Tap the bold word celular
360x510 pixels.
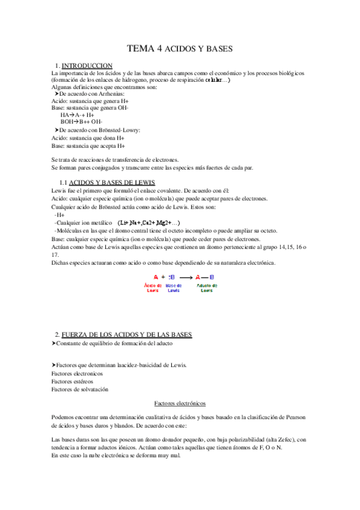(x=215, y=79)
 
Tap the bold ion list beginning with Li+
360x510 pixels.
(x=148, y=223)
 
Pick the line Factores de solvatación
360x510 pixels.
(x=80, y=389)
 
